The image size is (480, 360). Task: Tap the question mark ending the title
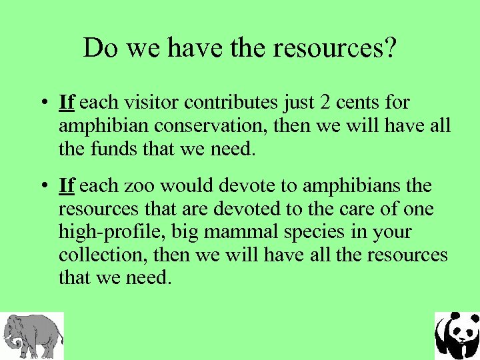[390, 49]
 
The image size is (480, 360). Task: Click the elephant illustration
[31, 336]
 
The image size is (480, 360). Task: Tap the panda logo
[457, 336]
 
